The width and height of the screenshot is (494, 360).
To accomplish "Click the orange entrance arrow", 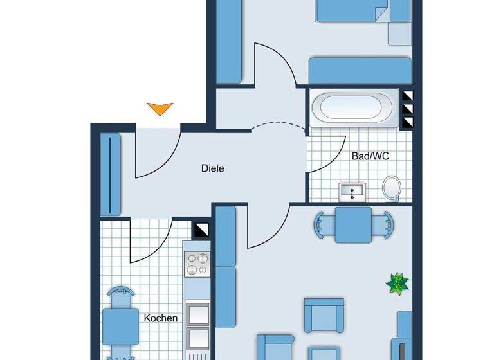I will pyautogui.click(x=160, y=109).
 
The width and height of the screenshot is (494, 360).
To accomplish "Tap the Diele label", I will pyautogui.click(x=212, y=168).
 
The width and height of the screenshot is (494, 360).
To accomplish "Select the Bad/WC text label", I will pyautogui.click(x=370, y=156).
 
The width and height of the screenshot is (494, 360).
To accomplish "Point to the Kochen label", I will pyautogui.click(x=161, y=318).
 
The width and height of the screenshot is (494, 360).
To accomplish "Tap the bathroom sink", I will pyautogui.click(x=352, y=190).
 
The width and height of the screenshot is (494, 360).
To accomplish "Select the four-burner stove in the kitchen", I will pyautogui.click(x=197, y=264).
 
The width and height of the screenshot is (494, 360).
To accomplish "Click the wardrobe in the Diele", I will pyautogui.click(x=111, y=174).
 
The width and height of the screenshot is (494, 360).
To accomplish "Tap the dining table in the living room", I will pyautogui.click(x=352, y=224).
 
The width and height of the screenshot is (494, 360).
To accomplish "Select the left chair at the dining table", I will pyautogui.click(x=322, y=224).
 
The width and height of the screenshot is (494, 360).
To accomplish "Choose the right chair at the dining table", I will pyautogui.click(x=384, y=224).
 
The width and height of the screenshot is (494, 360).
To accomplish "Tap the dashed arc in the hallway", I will pyautogui.click(x=277, y=126).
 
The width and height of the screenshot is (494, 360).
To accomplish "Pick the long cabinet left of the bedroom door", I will pyautogui.click(x=229, y=42).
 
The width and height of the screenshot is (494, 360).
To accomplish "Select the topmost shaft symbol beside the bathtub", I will pyautogui.click(x=407, y=96).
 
